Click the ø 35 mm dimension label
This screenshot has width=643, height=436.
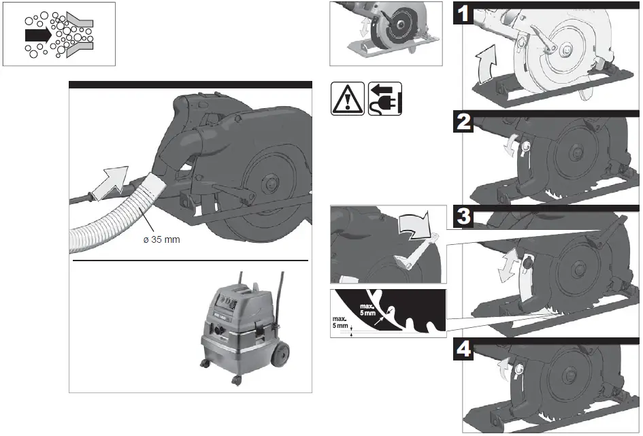[161, 240]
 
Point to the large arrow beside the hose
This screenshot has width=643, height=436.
[112, 182]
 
